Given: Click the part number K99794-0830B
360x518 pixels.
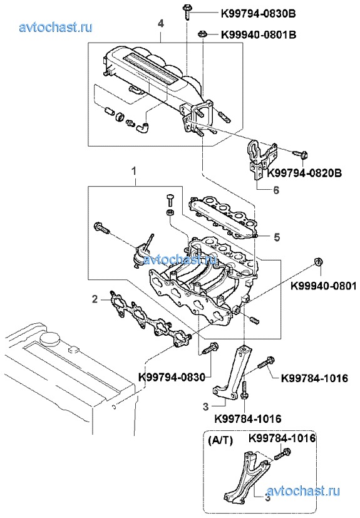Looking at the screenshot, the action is point(259,14).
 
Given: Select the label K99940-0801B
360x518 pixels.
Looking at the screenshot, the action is point(259,34).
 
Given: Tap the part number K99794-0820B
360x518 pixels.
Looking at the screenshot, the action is point(304,173).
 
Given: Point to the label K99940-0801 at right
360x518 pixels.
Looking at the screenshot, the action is point(324,286).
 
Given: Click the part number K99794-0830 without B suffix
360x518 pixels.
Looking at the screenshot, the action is point(172,377).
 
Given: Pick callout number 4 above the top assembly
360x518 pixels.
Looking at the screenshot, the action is point(160,24).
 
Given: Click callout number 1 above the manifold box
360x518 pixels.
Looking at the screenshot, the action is point(134,171).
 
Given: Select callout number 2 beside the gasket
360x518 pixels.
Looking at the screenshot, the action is point(95,299).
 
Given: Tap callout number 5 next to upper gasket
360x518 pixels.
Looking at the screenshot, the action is point(277,237).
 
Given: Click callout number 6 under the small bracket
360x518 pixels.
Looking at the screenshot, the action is point(276,190).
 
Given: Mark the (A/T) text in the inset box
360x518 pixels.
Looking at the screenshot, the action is point(220,441).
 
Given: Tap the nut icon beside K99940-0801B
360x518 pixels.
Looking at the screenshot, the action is point(202,34).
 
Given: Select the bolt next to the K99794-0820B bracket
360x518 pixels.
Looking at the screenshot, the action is point(301,154).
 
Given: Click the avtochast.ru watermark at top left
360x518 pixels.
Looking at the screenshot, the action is point(56,27).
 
